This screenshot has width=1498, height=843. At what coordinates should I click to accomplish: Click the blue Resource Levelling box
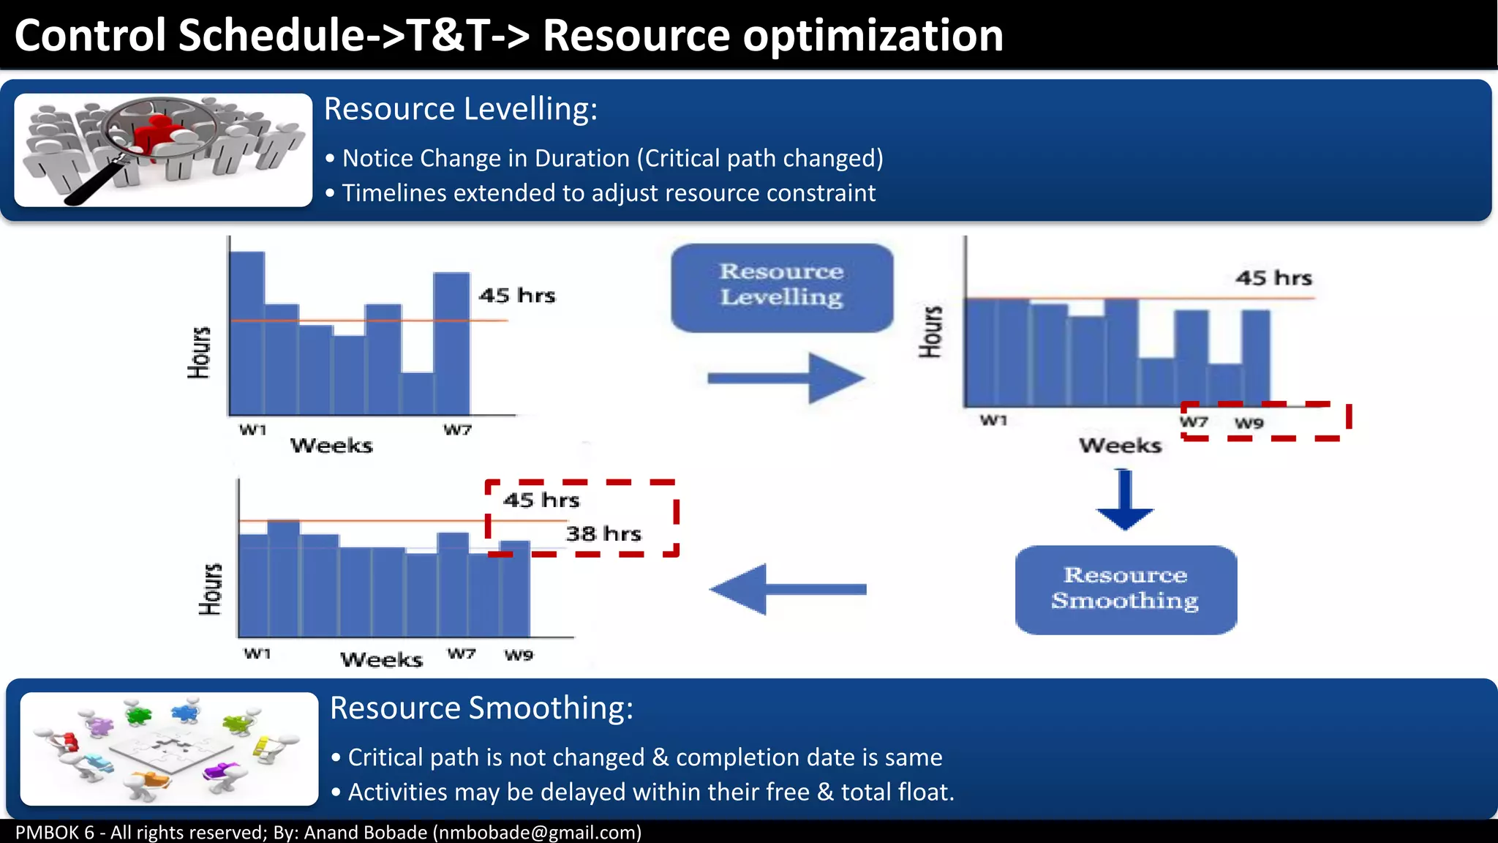point(781,287)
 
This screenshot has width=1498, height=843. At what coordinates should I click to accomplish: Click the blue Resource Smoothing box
point(1126,589)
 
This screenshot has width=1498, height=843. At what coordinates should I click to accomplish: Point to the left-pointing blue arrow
point(786,589)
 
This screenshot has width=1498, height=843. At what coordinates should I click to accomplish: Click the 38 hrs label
point(603,533)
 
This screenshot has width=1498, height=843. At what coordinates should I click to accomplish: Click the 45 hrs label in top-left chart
point(516,296)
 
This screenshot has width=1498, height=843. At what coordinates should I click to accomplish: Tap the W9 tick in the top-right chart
point(1249,423)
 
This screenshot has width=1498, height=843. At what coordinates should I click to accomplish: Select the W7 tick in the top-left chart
point(457,430)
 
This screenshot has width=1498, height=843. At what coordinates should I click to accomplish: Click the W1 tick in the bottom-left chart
point(257,653)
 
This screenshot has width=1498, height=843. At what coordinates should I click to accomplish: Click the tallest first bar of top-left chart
point(247,333)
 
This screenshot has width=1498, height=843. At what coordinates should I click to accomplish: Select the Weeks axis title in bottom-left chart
point(381,659)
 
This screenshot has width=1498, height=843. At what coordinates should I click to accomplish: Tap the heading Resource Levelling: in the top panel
point(460,109)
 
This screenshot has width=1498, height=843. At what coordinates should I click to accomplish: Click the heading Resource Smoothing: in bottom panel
point(481,708)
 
